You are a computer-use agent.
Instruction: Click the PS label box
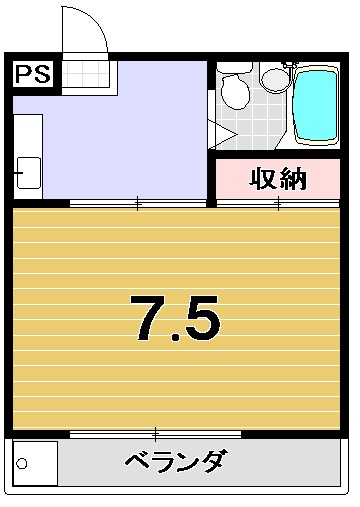point(33,74)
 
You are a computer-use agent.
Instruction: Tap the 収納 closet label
point(278,179)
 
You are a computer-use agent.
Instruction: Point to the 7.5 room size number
point(175,318)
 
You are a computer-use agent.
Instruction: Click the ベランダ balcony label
point(177,461)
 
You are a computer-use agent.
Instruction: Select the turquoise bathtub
point(316,106)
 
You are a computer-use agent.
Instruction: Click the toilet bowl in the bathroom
point(236,91)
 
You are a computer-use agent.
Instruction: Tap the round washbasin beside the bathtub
point(275,79)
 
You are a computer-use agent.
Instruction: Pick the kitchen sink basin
point(29,173)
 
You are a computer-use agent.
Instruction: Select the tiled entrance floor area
point(86,74)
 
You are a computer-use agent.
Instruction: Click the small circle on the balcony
point(22,463)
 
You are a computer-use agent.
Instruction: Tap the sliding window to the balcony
point(155,434)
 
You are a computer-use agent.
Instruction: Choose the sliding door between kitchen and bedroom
point(138,203)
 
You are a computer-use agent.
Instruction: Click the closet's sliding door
point(278,203)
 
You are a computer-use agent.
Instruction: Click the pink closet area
point(278,179)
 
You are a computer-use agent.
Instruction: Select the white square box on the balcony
point(35,463)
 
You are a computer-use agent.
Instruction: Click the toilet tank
point(235,67)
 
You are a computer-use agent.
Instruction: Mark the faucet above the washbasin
point(289,64)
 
